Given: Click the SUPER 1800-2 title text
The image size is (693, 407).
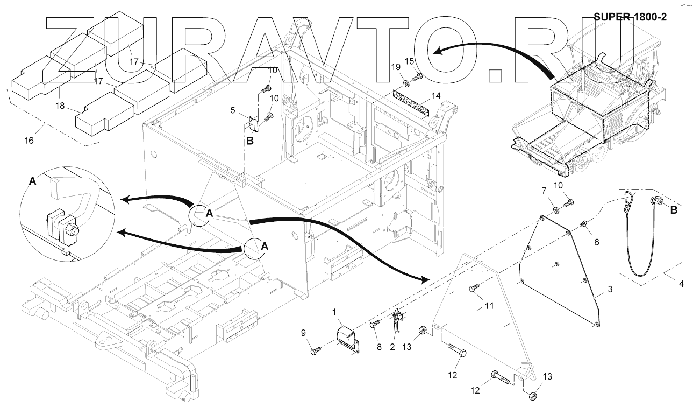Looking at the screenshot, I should pyautogui.click(x=630, y=17).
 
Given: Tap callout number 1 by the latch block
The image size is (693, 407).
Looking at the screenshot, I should pyautogui.click(x=334, y=312).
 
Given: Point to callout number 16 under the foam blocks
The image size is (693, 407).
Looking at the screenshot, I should pyautogui.click(x=29, y=141).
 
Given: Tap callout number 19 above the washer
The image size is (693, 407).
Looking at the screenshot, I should pyautogui.click(x=396, y=67).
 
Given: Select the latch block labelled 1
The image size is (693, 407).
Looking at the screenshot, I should pyautogui.click(x=347, y=338).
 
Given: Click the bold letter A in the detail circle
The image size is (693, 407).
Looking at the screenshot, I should pyautogui.click(x=32, y=182).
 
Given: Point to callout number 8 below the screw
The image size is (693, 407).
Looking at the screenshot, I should pyautogui.click(x=378, y=347).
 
